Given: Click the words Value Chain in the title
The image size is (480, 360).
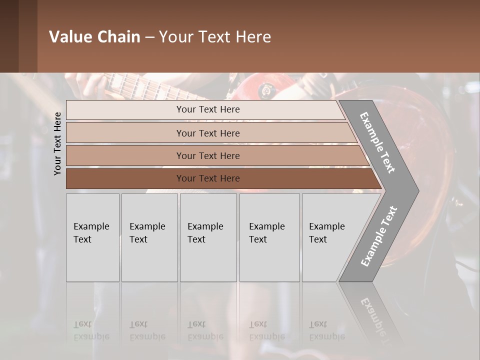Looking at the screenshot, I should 94,37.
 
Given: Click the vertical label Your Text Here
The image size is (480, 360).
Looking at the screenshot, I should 57,143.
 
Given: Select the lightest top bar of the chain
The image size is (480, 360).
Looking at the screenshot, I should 125,110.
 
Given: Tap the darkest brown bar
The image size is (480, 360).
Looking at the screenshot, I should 125,178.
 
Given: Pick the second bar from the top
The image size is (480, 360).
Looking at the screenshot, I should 125,133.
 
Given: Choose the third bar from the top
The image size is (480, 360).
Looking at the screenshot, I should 125,155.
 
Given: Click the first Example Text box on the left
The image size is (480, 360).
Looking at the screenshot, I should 92,237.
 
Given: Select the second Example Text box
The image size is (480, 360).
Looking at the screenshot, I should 149,237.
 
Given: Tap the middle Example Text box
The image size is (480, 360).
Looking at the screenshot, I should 208,237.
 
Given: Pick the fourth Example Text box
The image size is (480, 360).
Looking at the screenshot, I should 269,237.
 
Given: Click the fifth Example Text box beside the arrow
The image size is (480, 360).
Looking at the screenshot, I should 330,237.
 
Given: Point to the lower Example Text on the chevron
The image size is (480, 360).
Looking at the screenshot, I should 379,236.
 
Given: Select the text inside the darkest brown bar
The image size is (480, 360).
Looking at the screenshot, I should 208,178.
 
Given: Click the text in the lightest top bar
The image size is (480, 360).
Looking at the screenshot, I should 208,109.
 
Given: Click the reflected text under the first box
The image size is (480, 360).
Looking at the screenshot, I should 91,330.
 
